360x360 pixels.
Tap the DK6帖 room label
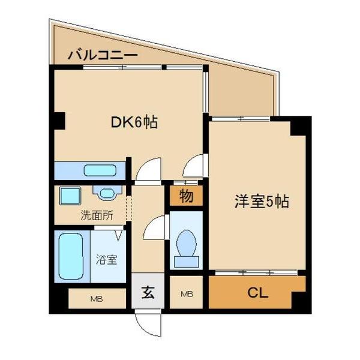[134, 123]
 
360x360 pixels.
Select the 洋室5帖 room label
[261, 202]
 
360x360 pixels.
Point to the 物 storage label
[187, 196]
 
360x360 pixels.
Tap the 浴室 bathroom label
[107, 260]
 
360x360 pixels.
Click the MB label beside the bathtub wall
[95, 298]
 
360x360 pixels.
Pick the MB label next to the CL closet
[187, 294]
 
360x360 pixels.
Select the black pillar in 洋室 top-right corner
[299, 127]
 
